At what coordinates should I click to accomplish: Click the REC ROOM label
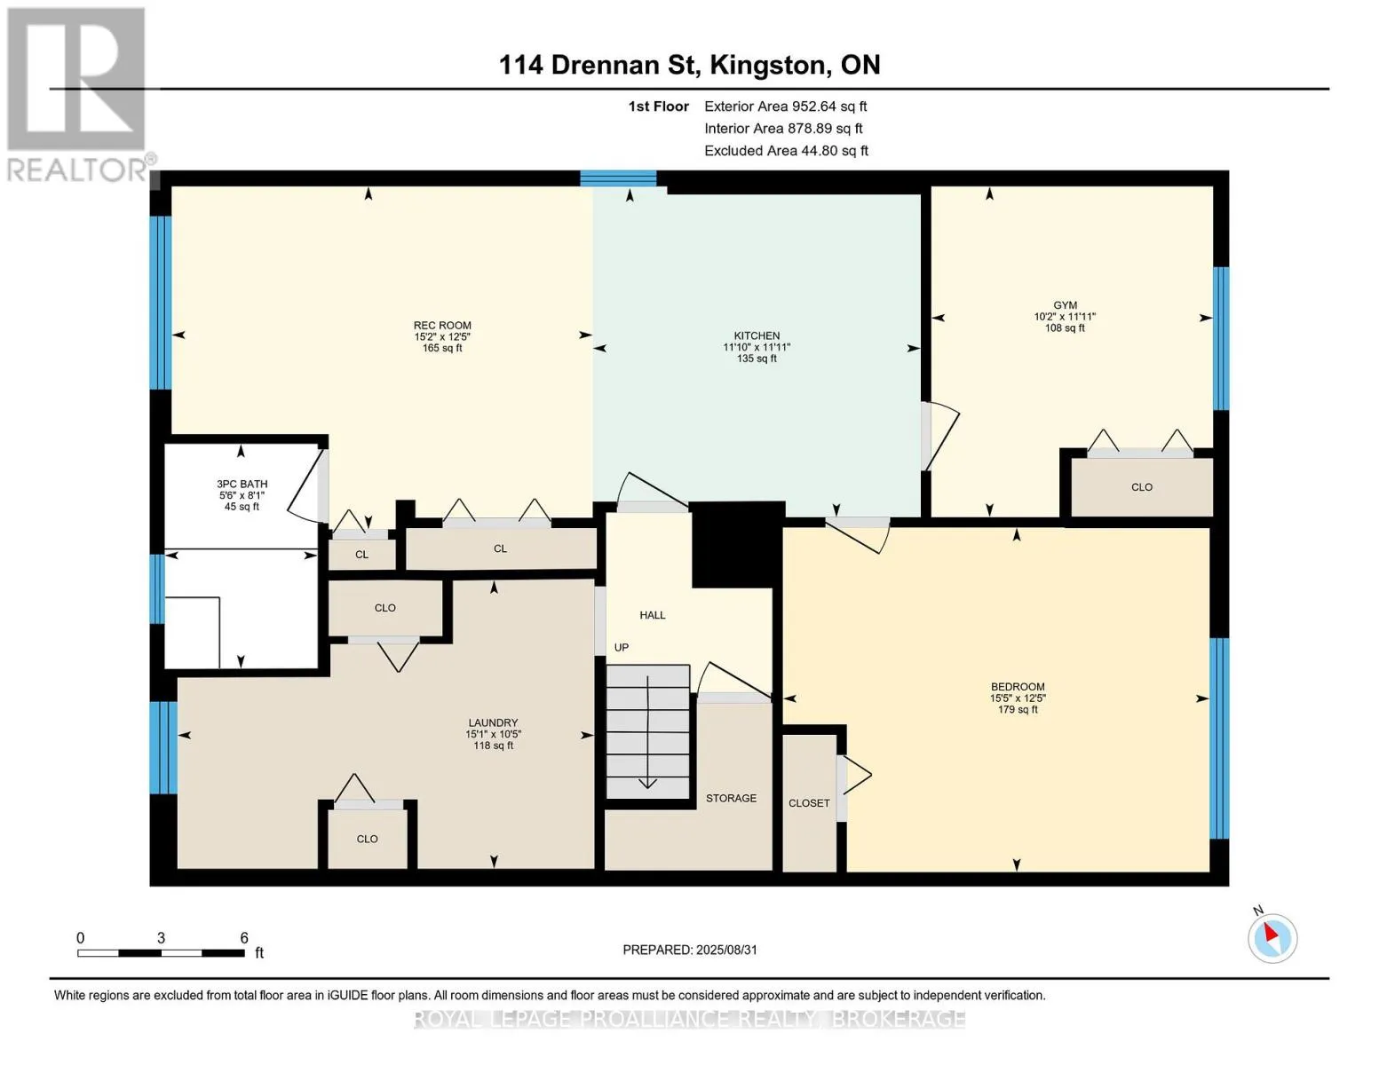coord(442,326)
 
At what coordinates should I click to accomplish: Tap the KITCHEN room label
coord(757,335)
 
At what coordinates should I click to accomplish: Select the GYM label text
coord(1065,305)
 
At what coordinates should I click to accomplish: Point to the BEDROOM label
coord(1018,686)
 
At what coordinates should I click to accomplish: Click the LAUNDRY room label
coord(493,722)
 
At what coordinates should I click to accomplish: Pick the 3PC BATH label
coord(242,484)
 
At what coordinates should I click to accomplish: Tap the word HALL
coord(653,615)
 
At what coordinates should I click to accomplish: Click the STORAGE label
coord(731,798)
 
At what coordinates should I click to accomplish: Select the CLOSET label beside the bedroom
coord(809,803)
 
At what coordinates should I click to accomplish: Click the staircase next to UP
coord(648,731)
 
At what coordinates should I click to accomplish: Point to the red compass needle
coord(1272,933)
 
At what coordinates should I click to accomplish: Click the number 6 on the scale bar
coord(243,937)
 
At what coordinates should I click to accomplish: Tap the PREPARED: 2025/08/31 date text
coord(690,950)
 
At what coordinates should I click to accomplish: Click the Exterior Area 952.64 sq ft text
coord(786,106)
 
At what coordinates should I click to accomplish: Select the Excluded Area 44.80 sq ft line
coord(786,151)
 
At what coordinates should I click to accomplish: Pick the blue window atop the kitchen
coord(618,178)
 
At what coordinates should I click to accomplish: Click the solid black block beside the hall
coord(738,545)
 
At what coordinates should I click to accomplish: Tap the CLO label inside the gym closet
coord(1142,487)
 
